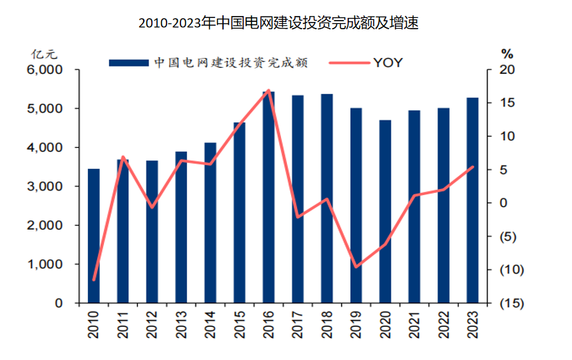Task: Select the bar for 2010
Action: [94, 236]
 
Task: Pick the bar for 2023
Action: [472, 200]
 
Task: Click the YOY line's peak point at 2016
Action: [268, 90]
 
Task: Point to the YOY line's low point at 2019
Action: [356, 267]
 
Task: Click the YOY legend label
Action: [388, 63]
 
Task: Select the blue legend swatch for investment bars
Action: [129, 63]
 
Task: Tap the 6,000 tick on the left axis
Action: [46, 70]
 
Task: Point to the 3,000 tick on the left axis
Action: [46, 186]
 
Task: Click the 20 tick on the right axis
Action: [507, 70]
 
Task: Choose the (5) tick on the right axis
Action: [507, 237]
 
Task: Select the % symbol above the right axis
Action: [507, 53]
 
